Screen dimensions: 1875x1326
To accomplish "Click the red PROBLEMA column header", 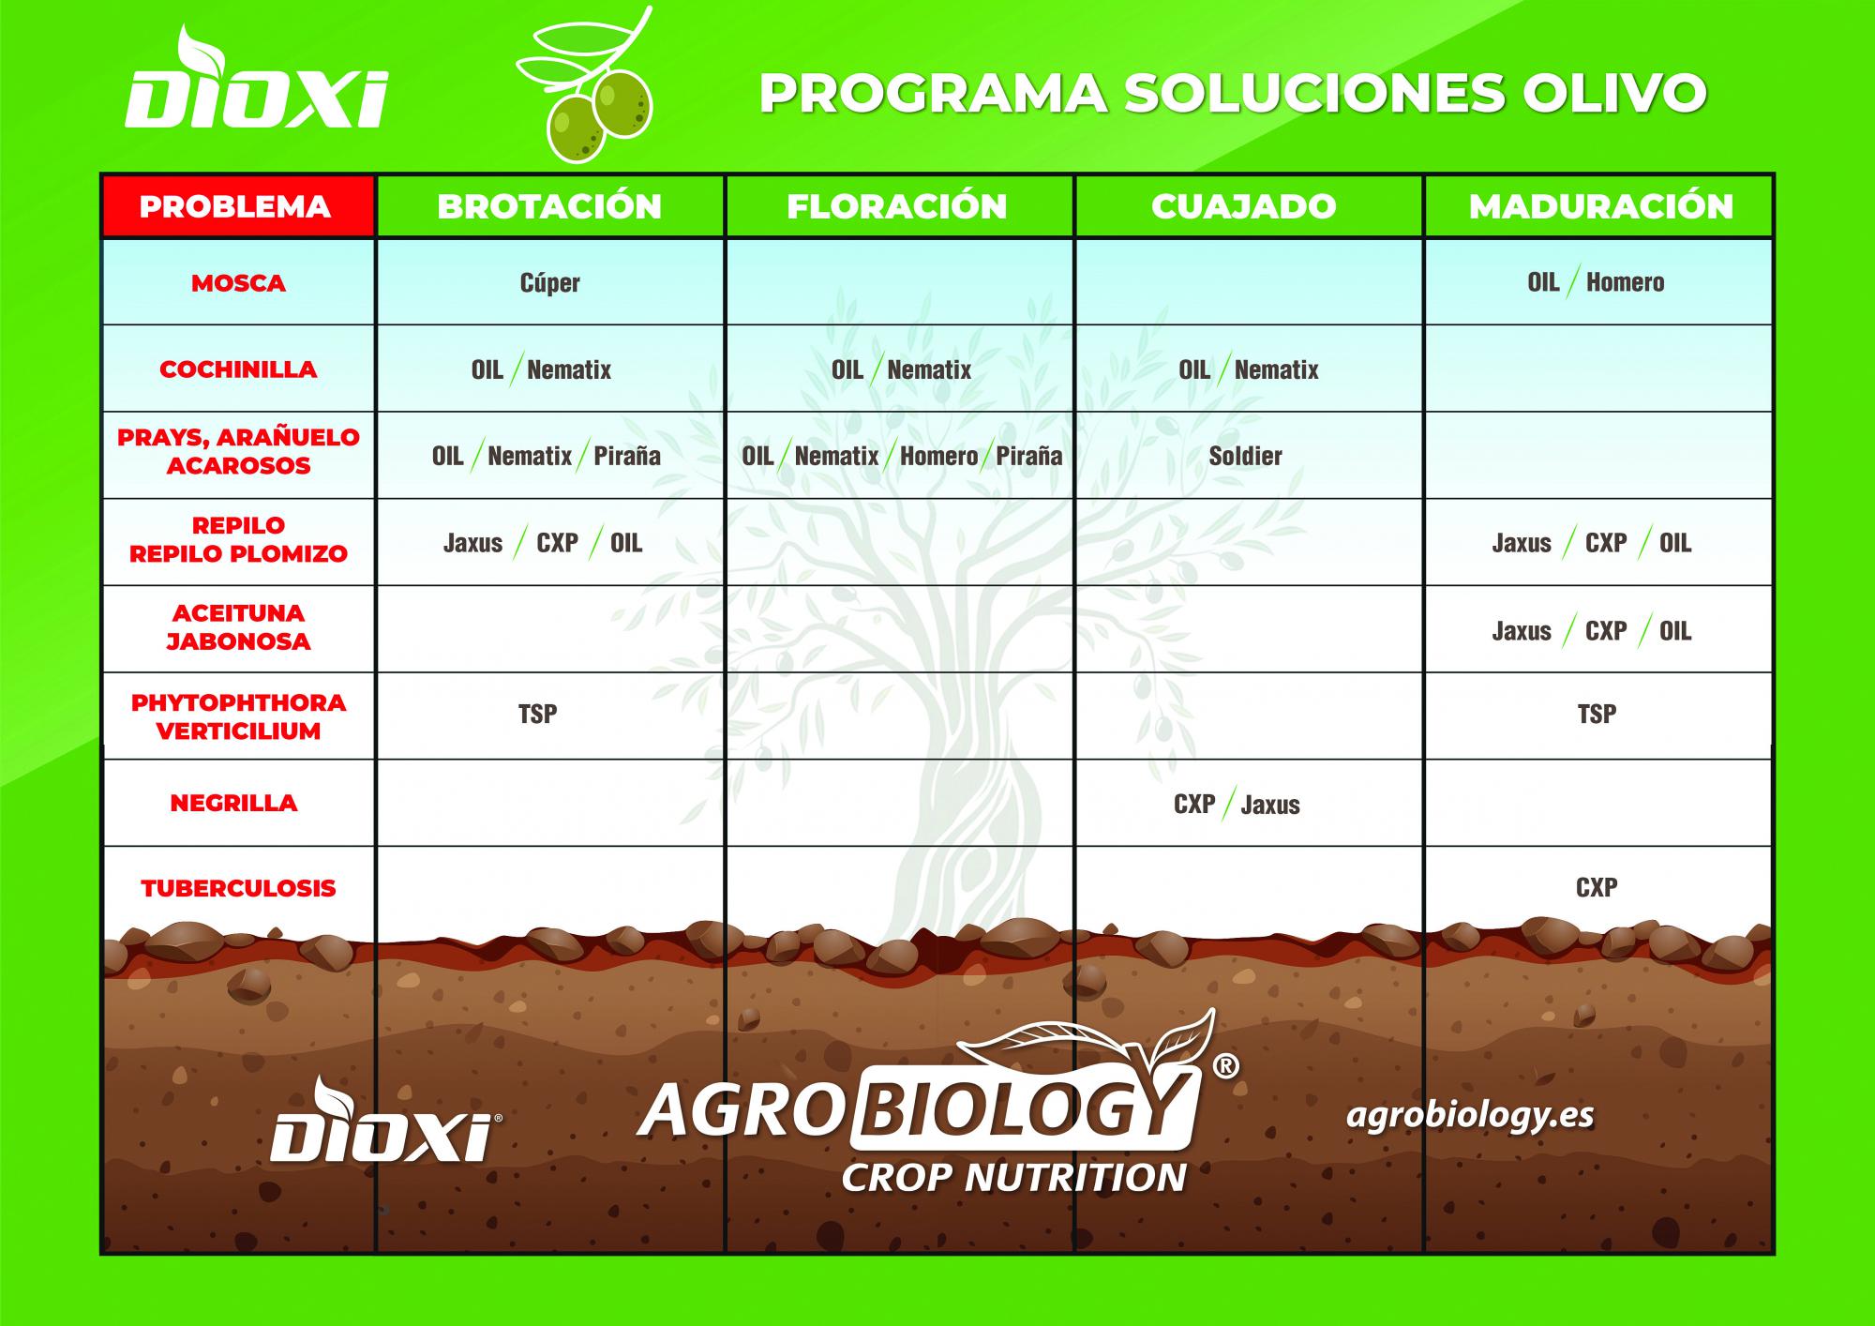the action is (x=235, y=206).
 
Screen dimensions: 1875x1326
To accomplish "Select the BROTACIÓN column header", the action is (x=549, y=206).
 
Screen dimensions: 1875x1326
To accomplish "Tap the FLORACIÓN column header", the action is (x=897, y=206).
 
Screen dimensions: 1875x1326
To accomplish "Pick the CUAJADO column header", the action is (x=1244, y=206).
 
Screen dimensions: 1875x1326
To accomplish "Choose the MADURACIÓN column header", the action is (x=1601, y=206).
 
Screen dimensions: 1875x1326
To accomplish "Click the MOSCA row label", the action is (x=238, y=283).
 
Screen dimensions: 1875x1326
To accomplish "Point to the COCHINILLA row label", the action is (x=238, y=369).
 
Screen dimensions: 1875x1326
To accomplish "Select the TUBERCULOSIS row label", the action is (x=238, y=888).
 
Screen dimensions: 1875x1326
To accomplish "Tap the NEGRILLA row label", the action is (x=233, y=803).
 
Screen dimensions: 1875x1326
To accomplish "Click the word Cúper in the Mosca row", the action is (x=550, y=282).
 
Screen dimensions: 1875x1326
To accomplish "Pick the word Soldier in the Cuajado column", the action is (x=1245, y=456).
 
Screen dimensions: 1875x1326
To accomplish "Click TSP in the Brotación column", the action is (x=538, y=714).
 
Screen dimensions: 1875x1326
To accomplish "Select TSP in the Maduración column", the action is (x=1597, y=714).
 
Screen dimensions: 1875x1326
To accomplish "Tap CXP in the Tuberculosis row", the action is (x=1597, y=887).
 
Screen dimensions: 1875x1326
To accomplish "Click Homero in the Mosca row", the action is (x=1626, y=282).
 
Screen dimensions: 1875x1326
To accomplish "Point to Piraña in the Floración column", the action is (x=1029, y=456).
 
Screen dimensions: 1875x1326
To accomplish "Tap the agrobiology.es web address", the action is (x=1470, y=1116).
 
